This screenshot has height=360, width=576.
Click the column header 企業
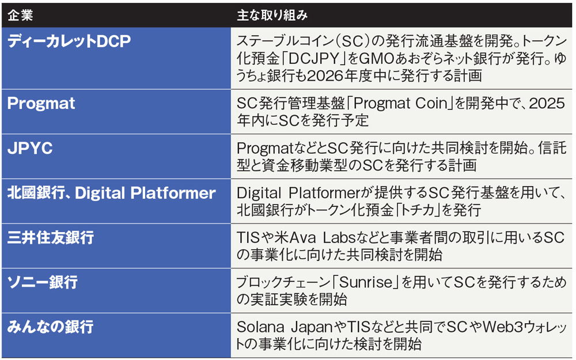point(21,15)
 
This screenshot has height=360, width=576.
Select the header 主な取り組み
point(272,15)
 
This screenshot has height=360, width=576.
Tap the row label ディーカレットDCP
point(69,41)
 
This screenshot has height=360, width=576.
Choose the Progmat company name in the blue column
point(41,103)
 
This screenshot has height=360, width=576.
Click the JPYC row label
point(30,148)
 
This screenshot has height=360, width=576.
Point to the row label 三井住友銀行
point(51,238)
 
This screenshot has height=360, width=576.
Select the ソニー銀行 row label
point(43,282)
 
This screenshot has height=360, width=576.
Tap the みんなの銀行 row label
point(50,327)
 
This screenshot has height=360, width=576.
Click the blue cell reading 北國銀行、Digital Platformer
point(111,193)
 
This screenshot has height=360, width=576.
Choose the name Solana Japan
point(285,327)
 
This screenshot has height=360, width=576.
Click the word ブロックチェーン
point(283,282)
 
